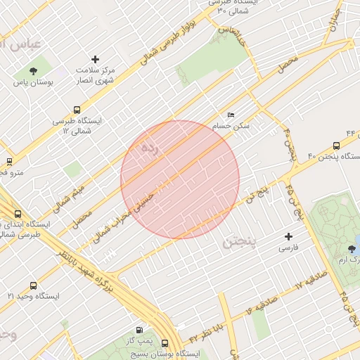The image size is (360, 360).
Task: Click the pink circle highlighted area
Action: pos(180,180)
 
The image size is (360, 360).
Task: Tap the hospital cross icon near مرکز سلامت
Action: pos(96,60)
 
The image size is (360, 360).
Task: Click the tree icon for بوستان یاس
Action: pos(33,70)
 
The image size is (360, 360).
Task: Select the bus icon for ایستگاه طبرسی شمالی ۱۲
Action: pos(77,110)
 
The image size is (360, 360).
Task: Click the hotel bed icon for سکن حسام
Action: pos(231,115)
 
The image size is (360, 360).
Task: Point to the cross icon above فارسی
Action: pos(288,236)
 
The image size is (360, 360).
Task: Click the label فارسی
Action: pos(288,248)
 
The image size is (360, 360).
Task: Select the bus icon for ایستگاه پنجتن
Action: pos(336,146)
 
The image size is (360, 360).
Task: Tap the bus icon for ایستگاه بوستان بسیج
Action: pos(165,343)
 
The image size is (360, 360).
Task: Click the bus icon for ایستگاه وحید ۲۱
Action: pos(33,285)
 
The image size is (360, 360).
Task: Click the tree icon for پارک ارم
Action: pos(352,249)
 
